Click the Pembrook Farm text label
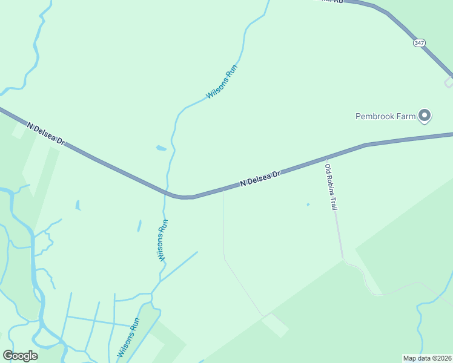pos(385,116)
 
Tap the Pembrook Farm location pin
pos(425,114)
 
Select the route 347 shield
pos(420,42)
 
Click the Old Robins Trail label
pos(331,187)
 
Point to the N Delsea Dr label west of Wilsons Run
pos(45,133)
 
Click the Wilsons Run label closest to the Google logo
pos(128,337)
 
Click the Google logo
pos(20,356)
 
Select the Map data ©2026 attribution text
pos(427,358)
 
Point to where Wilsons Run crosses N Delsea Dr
pos(166,192)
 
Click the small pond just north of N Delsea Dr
pos(160,148)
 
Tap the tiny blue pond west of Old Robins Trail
pos(308,204)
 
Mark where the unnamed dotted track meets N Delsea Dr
pos(223,190)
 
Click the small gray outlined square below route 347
pos(449,82)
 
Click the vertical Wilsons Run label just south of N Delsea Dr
pos(162,240)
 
